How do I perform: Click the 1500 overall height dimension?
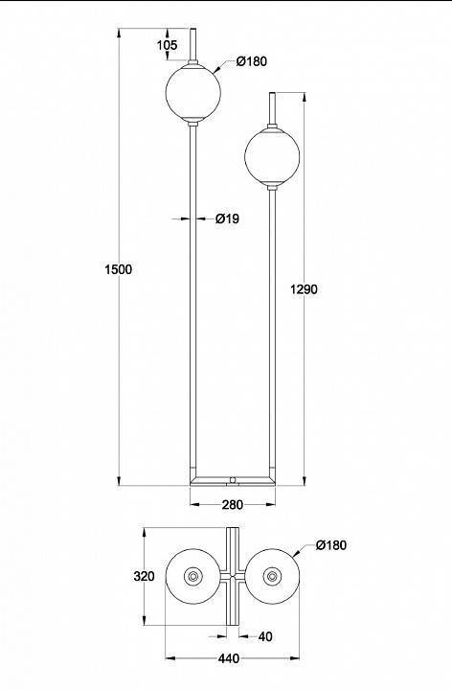[x=119, y=269]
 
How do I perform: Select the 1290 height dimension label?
[x=304, y=289]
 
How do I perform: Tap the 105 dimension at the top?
[x=167, y=45]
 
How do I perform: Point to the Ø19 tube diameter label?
[x=227, y=218]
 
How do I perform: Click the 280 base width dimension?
[x=232, y=505]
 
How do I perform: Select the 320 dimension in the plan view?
[x=145, y=576]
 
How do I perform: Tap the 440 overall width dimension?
[x=229, y=658]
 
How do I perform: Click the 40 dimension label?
[x=265, y=636]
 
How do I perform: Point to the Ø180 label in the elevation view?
[x=252, y=61]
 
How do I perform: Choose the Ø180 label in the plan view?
[x=331, y=545]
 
